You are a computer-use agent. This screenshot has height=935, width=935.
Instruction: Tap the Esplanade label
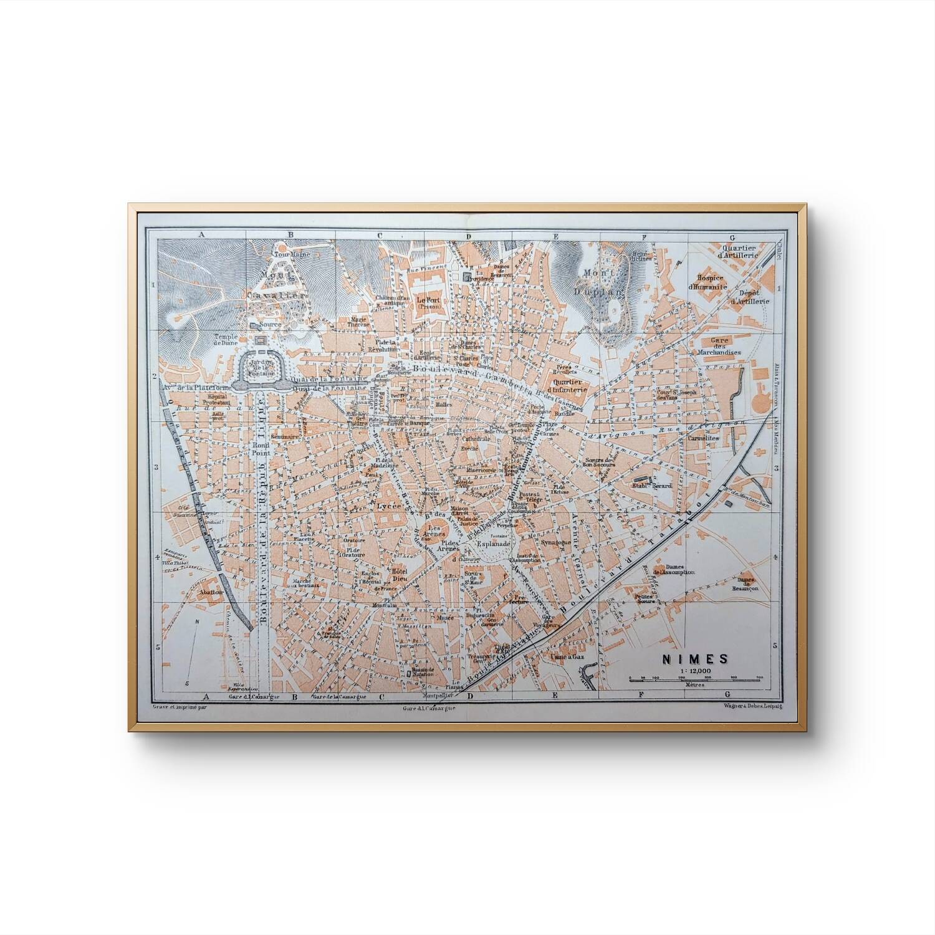click(494, 543)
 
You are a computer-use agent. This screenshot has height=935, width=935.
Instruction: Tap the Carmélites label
click(704, 438)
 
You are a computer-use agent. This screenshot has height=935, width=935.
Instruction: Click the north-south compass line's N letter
click(196, 621)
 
